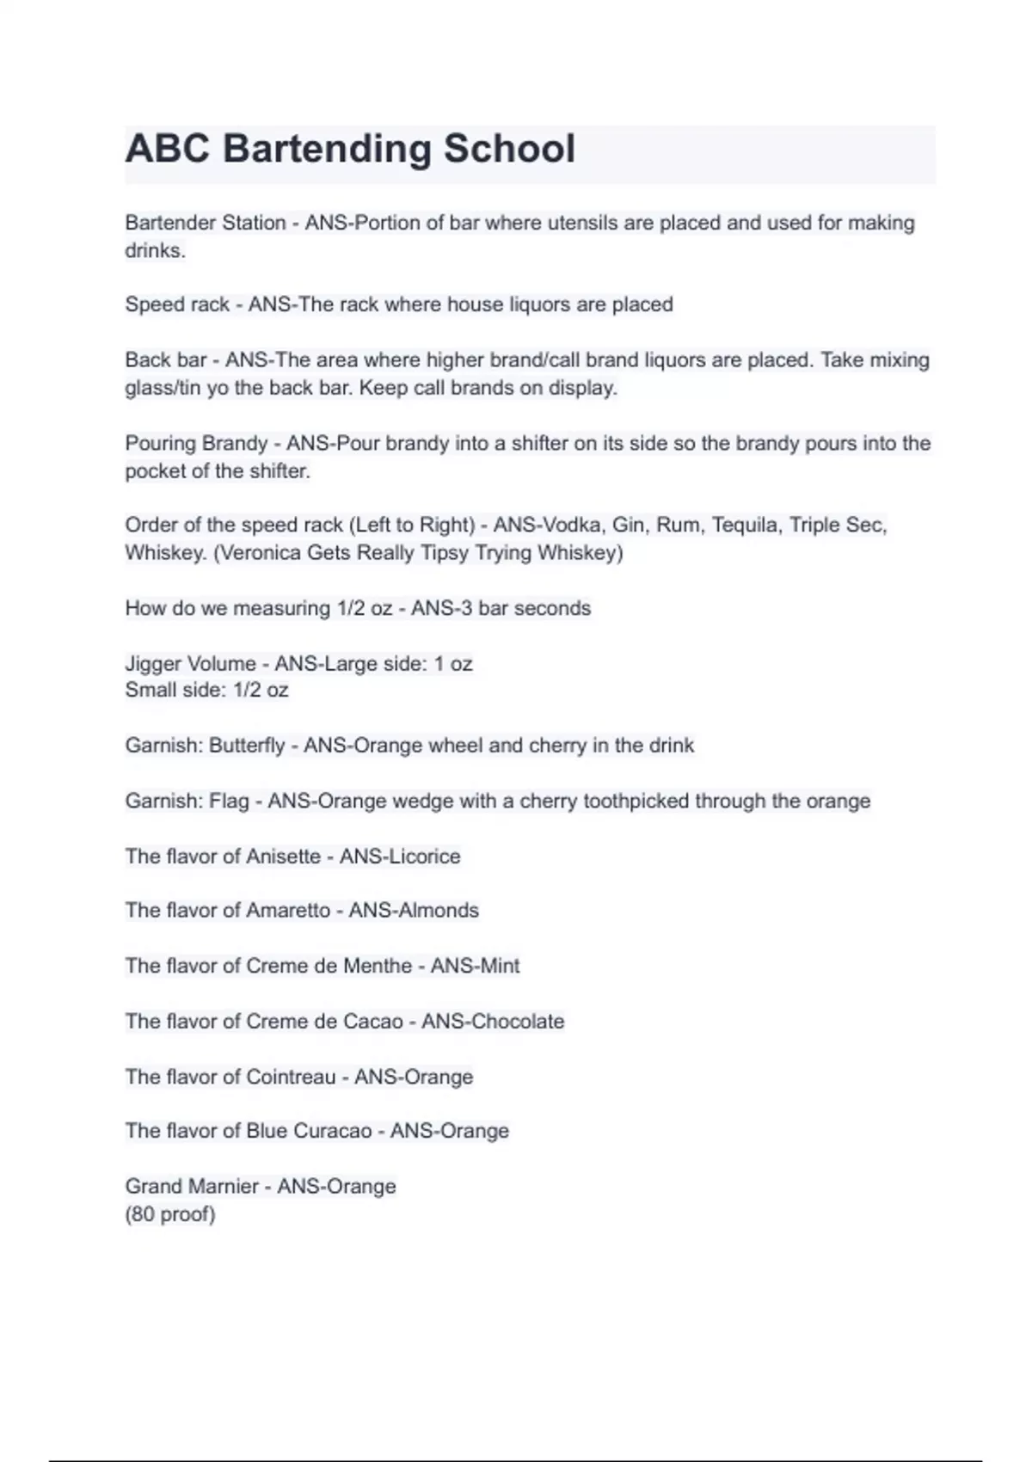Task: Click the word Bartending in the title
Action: (x=326, y=149)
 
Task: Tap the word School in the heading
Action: (x=509, y=149)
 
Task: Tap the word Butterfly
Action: (x=247, y=746)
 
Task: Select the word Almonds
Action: (x=437, y=911)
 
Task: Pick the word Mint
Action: (x=499, y=966)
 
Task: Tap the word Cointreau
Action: (x=291, y=1077)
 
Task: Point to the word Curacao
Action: (x=333, y=1131)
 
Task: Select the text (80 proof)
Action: (x=170, y=1214)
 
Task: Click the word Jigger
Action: (x=156, y=664)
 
